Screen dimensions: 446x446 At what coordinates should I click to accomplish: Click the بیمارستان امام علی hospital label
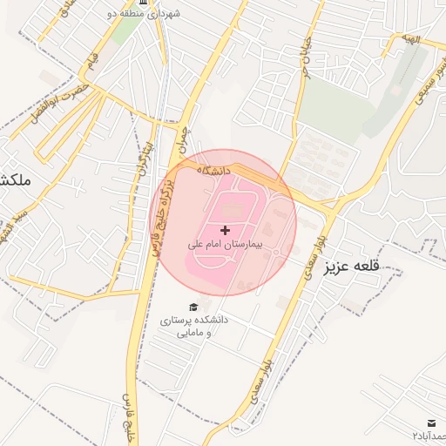click(226, 246)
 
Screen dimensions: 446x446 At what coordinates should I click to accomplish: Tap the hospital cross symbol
click(226, 230)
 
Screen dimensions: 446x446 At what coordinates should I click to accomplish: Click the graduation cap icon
click(193, 307)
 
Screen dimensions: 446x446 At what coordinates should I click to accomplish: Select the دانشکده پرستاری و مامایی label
click(193, 326)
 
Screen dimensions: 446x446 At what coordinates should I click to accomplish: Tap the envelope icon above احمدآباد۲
click(433, 422)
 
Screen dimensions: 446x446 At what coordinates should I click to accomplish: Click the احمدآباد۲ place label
click(429, 435)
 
